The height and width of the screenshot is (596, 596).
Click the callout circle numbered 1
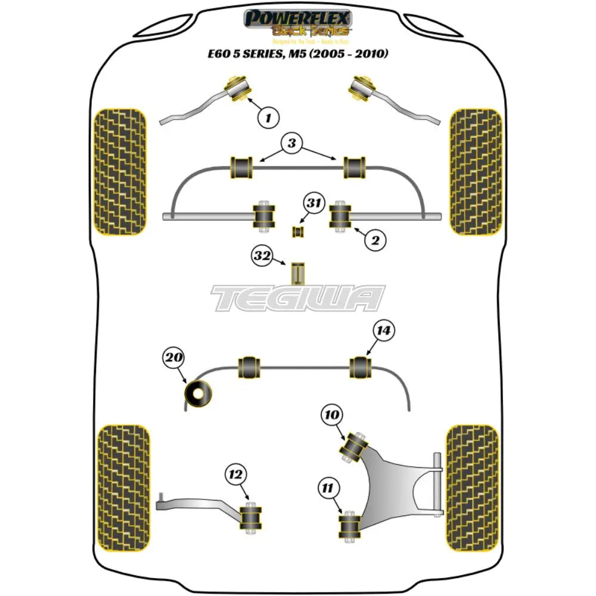click(x=269, y=117)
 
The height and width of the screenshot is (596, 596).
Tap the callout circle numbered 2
click(x=374, y=240)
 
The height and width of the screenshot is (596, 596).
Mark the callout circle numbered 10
click(x=332, y=415)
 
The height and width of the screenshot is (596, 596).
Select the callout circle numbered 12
click(x=235, y=475)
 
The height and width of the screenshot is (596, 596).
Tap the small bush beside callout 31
click(x=297, y=230)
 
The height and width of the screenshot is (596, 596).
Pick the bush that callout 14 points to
click(x=361, y=367)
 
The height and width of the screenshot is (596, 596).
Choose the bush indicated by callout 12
click(x=250, y=517)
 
